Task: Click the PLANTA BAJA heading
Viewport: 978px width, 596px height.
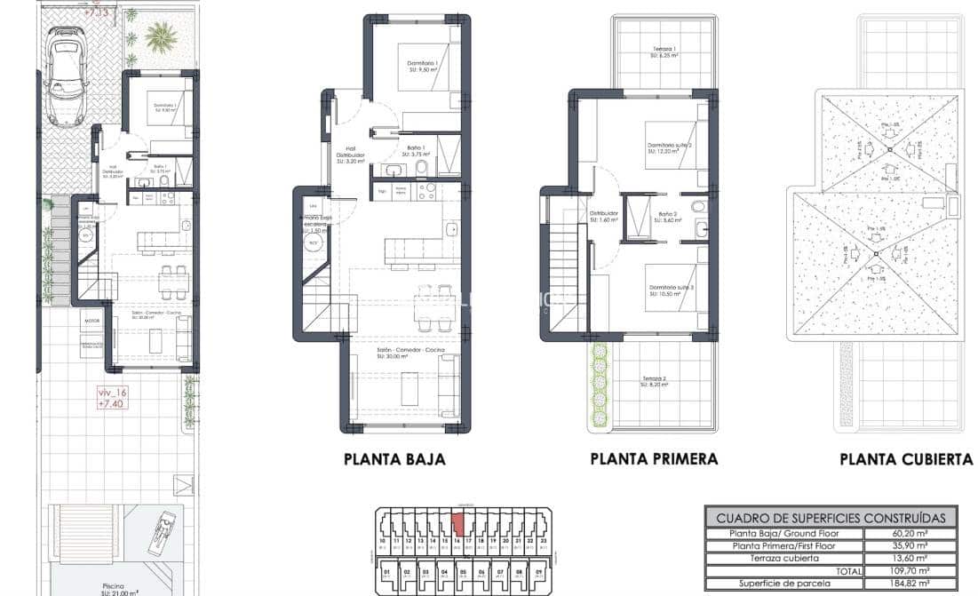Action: pos(394,459)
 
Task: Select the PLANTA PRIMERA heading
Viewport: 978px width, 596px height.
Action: pos(654,459)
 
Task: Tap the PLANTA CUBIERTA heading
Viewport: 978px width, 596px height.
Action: pos(906,459)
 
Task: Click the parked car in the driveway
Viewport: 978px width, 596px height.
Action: pos(66,76)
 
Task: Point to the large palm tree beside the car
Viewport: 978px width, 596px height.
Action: pos(161,37)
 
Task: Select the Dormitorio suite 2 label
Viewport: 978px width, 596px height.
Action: pos(670,147)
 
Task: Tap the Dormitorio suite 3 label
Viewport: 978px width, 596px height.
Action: pos(670,290)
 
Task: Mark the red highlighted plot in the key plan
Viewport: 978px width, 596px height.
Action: pos(457,522)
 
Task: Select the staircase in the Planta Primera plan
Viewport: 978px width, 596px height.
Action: pos(562,266)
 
